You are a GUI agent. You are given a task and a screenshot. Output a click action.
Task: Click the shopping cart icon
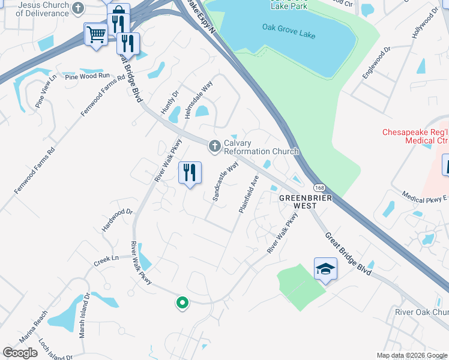95,34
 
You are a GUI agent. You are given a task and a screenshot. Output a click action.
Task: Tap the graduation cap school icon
325,268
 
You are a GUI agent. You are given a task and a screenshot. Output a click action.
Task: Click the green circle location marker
182,303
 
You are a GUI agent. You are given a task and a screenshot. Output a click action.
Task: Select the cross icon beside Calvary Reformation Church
214,146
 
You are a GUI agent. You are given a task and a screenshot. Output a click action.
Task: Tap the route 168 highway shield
319,188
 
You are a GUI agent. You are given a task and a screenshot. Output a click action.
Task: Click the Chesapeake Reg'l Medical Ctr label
415,136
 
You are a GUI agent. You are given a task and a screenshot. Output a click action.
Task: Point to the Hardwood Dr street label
117,220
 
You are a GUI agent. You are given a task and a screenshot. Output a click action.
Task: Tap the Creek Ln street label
107,260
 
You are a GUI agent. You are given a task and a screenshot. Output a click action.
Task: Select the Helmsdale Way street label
199,99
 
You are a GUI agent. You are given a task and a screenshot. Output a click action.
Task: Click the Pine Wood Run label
88,76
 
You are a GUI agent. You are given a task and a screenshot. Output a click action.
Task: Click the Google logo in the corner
20,353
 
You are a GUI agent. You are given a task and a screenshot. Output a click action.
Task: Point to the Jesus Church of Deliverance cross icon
77,8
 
